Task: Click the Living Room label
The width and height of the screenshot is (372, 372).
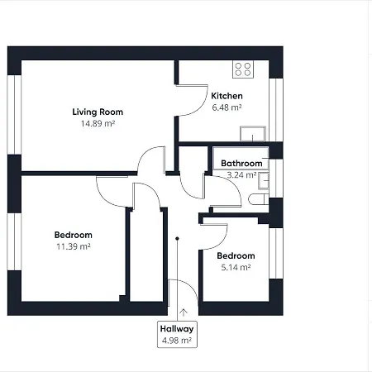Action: [x=98, y=112]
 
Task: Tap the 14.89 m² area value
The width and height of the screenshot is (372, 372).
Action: [x=98, y=123]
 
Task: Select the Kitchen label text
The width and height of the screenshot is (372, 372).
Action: [x=227, y=96]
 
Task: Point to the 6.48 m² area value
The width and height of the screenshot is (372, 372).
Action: [x=227, y=107]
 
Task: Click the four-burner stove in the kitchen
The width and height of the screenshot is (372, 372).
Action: [x=243, y=69]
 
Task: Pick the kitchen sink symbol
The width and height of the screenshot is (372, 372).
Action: [x=253, y=134]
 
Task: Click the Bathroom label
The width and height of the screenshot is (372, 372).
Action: [x=241, y=164]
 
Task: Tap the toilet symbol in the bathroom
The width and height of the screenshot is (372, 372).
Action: [x=259, y=199]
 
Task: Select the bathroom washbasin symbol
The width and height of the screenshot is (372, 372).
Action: [x=264, y=181]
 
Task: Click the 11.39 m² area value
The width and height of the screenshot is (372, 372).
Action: [x=74, y=246]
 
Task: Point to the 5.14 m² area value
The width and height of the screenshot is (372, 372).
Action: [x=236, y=267]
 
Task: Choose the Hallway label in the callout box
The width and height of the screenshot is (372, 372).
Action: [x=177, y=329]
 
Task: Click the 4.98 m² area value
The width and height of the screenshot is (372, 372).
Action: [x=177, y=341]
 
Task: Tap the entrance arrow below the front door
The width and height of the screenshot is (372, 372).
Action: [x=184, y=312]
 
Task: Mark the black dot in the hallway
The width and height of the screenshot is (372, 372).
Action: [x=177, y=238]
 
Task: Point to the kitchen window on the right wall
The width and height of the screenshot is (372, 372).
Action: [x=276, y=110]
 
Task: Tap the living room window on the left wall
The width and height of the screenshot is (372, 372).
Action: [x=14, y=115]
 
